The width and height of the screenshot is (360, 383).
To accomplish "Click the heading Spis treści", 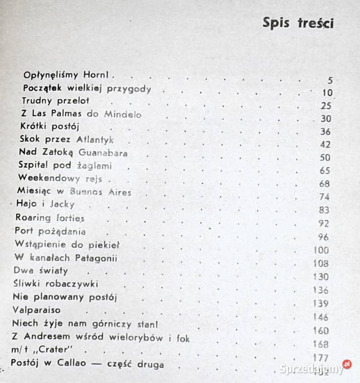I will (x=298, y=23).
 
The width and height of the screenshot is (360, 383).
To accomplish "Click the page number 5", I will (x=330, y=80).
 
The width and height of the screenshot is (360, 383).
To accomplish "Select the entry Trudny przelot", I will (x=56, y=101).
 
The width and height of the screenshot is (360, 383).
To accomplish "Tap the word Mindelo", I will (x=122, y=114).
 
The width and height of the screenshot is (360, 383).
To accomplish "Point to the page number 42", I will (x=325, y=145).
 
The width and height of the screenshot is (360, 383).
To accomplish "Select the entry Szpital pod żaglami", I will (x=65, y=166).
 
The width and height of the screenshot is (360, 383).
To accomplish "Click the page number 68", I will (x=324, y=184).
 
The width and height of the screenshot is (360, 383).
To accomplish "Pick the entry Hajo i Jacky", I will (x=45, y=204).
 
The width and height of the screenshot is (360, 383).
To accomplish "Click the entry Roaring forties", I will (x=50, y=218).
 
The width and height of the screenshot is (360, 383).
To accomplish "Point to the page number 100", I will (x=321, y=250).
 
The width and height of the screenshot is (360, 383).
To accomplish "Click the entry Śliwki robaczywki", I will (x=56, y=283).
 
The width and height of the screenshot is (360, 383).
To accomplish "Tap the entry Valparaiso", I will (x=37, y=310).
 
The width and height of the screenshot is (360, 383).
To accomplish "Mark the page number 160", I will (x=321, y=330).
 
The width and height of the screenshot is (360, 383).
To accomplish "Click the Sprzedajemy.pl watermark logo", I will (x=315, y=368).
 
